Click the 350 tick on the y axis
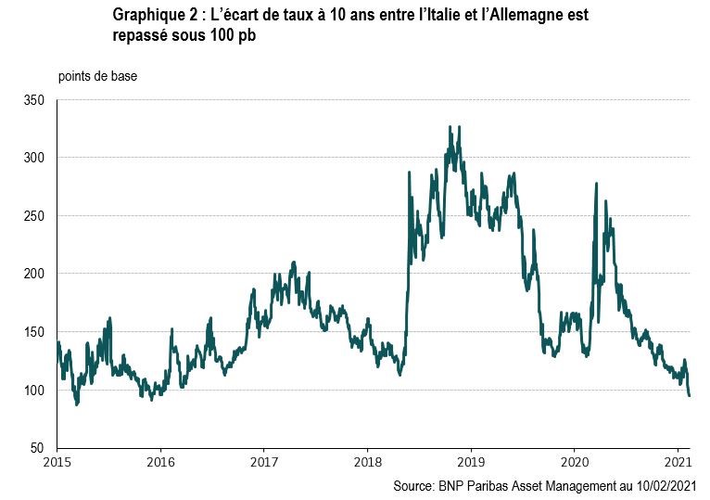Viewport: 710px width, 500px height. click(x=35, y=99)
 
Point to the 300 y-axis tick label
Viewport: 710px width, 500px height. click(x=35, y=158)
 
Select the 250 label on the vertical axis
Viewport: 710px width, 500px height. click(x=35, y=215)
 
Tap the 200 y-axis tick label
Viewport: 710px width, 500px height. click(x=35, y=274)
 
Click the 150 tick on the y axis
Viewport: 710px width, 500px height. click(x=35, y=332)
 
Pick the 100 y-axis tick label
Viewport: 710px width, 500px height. click(x=35, y=391)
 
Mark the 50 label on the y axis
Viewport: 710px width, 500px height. click(x=38, y=448)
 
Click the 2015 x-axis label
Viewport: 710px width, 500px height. click(x=57, y=462)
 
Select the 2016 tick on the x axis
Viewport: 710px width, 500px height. click(x=161, y=462)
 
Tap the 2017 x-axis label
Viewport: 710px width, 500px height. click(x=264, y=462)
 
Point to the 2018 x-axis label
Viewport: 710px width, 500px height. click(x=368, y=462)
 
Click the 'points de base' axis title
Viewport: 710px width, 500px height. click(x=97, y=76)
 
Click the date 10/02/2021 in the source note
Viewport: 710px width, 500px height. click(x=658, y=485)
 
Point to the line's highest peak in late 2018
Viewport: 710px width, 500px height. click(x=450, y=127)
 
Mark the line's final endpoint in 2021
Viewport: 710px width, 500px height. click(x=690, y=396)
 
